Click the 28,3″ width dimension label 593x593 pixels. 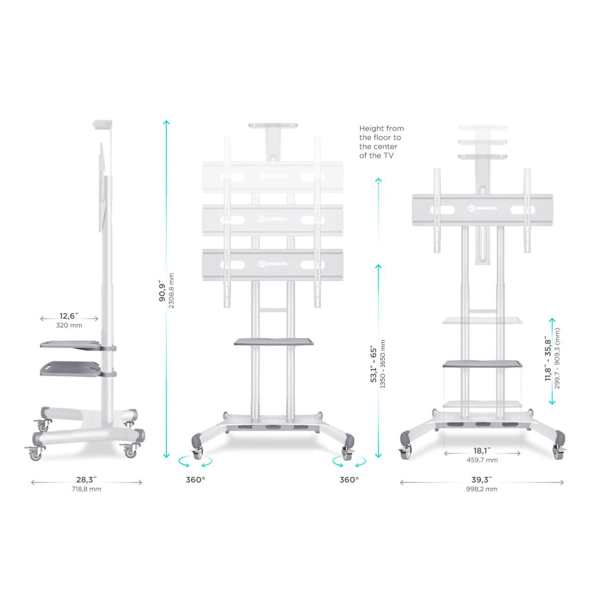[87, 479]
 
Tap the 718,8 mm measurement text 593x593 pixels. [87, 489]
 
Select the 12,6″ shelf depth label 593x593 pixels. [69, 316]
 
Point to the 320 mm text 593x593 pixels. [69, 325]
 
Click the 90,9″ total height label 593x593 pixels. [162, 290]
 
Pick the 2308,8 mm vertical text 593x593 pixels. [171, 290]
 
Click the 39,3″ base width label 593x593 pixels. [482, 479]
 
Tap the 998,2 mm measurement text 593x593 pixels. [482, 489]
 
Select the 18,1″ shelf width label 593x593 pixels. [482, 450]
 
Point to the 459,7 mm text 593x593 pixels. [482, 460]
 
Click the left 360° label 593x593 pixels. [196, 479]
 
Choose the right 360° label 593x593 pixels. [349, 479]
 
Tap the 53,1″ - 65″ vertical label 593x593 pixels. [373, 365]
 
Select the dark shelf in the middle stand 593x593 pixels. [274, 341]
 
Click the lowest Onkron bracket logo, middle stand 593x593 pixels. [273, 264]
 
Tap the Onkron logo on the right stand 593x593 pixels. [482, 208]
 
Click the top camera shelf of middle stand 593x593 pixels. [273, 126]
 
